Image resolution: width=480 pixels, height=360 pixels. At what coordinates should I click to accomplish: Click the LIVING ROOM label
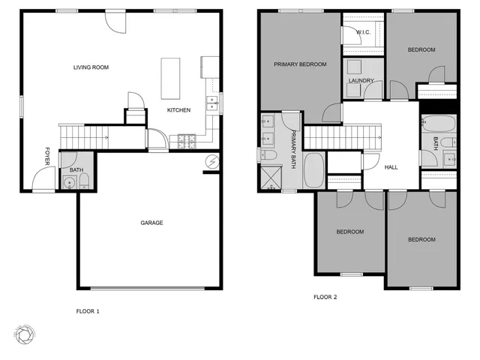click(91, 67)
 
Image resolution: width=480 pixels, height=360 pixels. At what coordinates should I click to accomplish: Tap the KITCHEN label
click(178, 110)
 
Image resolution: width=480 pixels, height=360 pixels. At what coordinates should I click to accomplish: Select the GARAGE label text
click(151, 223)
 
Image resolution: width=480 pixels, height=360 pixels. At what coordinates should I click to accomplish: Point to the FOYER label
click(47, 155)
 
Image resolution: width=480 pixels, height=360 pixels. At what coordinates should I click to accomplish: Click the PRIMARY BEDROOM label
click(300, 64)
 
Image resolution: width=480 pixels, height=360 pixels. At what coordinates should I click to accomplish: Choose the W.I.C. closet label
click(364, 32)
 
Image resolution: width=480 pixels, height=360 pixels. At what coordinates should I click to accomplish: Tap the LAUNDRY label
click(361, 81)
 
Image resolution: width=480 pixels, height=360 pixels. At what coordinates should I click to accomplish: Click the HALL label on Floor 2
click(391, 167)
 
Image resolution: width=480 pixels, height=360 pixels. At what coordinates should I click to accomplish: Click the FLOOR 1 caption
click(88, 310)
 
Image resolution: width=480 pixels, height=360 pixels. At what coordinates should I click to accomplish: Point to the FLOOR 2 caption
click(325, 297)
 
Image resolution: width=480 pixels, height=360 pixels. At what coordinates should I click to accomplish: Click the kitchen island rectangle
click(171, 77)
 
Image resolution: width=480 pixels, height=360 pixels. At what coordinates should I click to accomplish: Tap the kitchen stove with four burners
click(184, 139)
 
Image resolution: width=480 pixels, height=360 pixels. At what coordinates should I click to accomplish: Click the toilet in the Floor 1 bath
click(84, 180)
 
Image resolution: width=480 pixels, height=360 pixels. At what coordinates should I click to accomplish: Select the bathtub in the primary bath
click(314, 172)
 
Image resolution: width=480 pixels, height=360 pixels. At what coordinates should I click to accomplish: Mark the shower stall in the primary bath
click(268, 178)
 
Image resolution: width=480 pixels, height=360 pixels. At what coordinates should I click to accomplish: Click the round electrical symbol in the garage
click(212, 161)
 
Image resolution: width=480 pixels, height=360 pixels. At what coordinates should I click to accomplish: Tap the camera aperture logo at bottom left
click(23, 333)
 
